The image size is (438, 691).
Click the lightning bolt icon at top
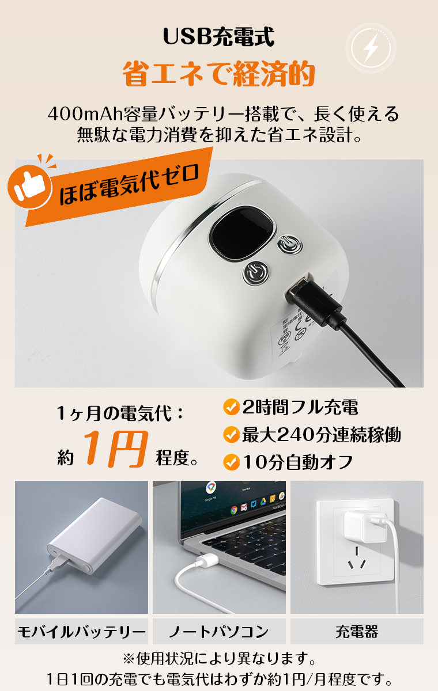371,48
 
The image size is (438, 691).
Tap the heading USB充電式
218,37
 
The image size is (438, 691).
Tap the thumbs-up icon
29,186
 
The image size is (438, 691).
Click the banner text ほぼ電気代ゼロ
129,185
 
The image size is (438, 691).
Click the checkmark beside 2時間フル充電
231,408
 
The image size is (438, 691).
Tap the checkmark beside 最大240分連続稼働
231,435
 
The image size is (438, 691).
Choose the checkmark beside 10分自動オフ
231,462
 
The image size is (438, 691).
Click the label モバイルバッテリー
81,632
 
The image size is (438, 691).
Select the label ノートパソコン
219,632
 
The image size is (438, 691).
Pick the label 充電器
357,632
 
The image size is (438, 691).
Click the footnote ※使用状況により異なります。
219,658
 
